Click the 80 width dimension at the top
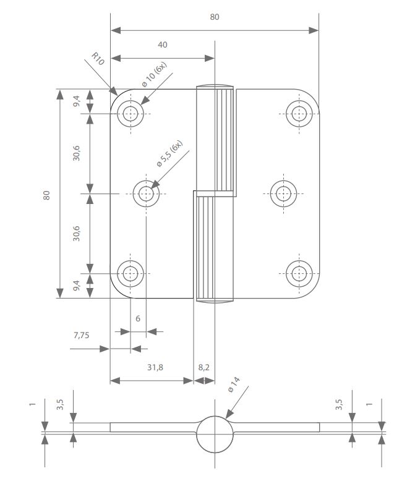tap(215, 17)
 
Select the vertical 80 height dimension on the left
tap(46, 194)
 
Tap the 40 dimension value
tap(163, 45)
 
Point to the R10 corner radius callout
tap(97, 59)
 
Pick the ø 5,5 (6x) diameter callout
tap(169, 155)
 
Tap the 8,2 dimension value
tap(203, 367)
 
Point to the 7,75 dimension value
tap(82, 336)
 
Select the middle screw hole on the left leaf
tap(147, 193)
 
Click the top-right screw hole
tap(299, 113)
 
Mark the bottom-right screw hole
tap(299, 273)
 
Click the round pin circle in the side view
tap(215, 435)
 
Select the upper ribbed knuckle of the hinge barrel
tap(216, 139)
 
